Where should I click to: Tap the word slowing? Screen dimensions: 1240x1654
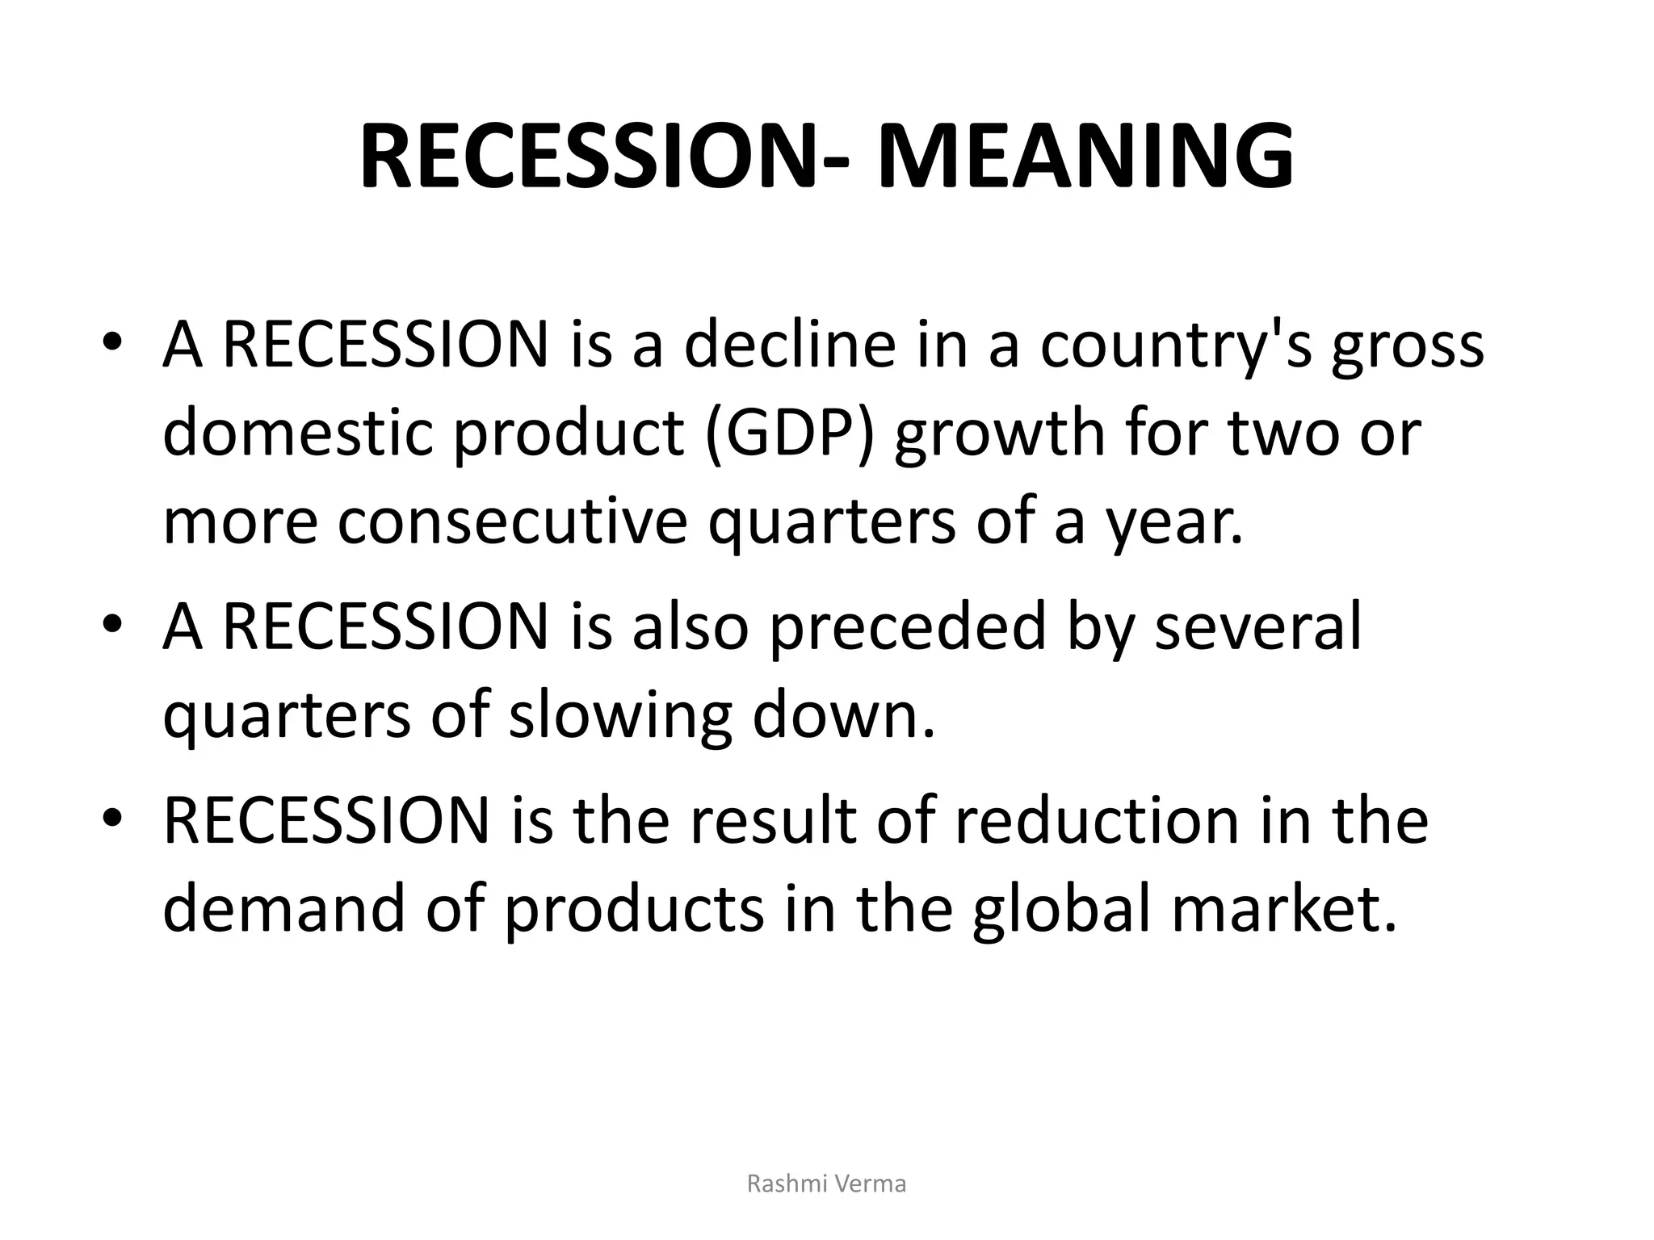click(619, 717)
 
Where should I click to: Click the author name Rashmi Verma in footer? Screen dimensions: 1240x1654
click(826, 1183)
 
